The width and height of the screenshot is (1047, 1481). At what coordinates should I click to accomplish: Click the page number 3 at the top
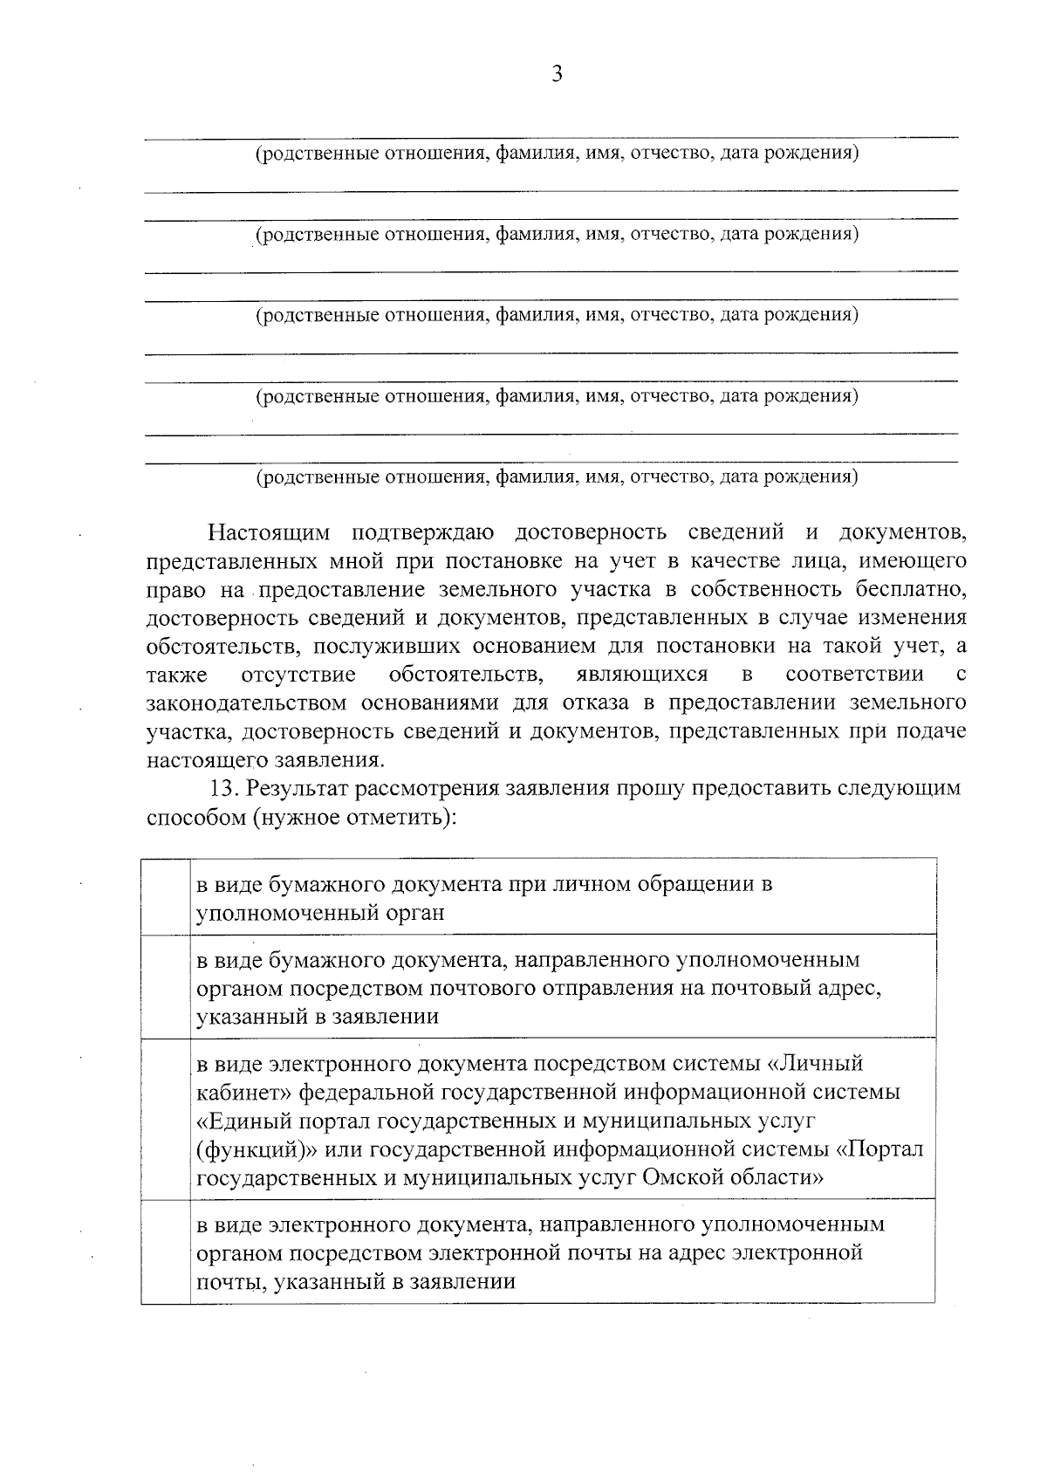(x=557, y=74)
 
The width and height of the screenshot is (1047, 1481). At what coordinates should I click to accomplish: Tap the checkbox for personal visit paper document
(x=166, y=897)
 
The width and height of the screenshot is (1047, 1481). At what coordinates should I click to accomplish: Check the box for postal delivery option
(x=166, y=987)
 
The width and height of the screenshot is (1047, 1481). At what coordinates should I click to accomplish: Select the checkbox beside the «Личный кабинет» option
(x=166, y=1120)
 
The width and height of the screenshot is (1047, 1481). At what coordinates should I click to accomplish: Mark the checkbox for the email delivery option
(x=166, y=1252)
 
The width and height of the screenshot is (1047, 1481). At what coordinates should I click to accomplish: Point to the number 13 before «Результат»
(x=222, y=789)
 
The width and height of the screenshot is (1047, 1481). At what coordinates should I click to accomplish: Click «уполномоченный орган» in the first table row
(x=321, y=913)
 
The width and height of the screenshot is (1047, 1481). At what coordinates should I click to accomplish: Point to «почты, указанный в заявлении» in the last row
(x=356, y=1282)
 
